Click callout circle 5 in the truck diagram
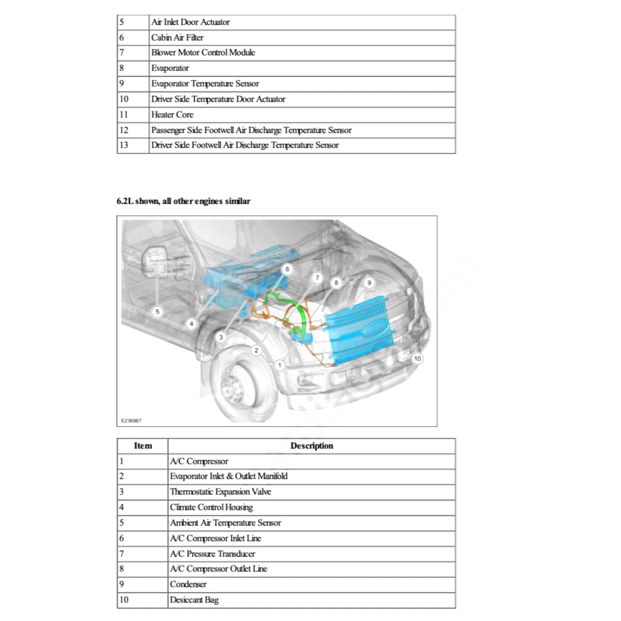point(157,312)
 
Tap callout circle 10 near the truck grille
point(417,358)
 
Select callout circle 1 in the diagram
point(279,365)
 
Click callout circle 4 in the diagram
point(192,324)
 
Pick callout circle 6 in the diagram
point(287,269)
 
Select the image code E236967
point(131,420)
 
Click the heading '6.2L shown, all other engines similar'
point(184,201)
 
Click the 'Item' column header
point(143,446)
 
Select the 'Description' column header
point(312,446)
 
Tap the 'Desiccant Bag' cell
point(195,600)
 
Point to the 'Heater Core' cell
point(172,115)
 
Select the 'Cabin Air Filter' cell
point(177,38)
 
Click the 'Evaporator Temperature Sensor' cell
point(205,84)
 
